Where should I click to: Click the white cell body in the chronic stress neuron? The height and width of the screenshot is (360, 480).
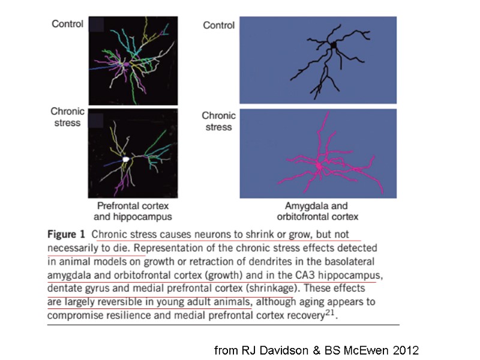(x=126, y=160)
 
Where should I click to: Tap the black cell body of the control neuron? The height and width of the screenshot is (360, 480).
(x=334, y=46)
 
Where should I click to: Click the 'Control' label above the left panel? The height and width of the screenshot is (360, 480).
(x=67, y=24)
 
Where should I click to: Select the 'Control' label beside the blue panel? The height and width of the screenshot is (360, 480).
(x=218, y=25)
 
